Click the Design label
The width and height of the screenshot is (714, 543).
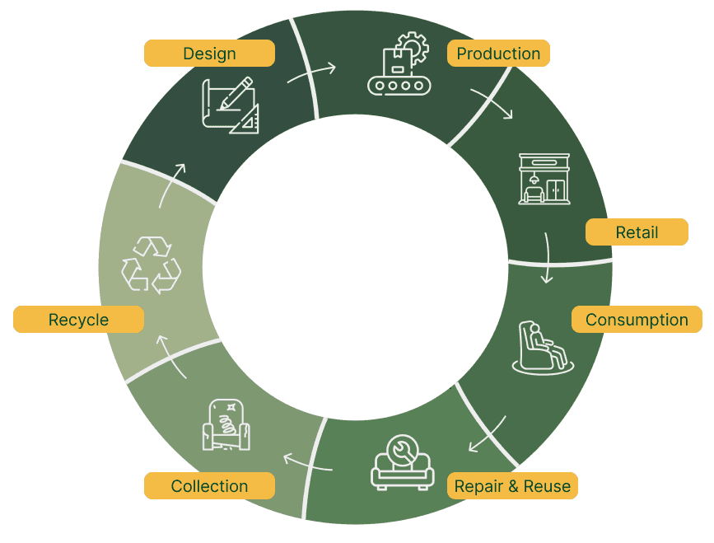click(209, 54)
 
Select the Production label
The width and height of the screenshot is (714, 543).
click(498, 54)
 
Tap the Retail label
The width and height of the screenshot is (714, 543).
click(637, 232)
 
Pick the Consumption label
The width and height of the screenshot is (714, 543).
click(637, 320)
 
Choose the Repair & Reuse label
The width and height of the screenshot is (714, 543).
click(512, 486)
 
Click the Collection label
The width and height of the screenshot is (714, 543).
click(209, 486)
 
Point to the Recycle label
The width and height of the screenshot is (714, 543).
click(78, 320)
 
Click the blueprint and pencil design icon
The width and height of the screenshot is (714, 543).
click(230, 105)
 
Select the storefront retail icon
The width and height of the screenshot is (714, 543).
click(544, 178)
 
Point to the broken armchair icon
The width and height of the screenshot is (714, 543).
click(226, 425)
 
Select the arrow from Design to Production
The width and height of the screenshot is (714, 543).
click(311, 73)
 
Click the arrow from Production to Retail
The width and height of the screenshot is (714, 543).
click(492, 104)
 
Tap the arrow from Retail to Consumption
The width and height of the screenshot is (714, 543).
click(546, 258)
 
